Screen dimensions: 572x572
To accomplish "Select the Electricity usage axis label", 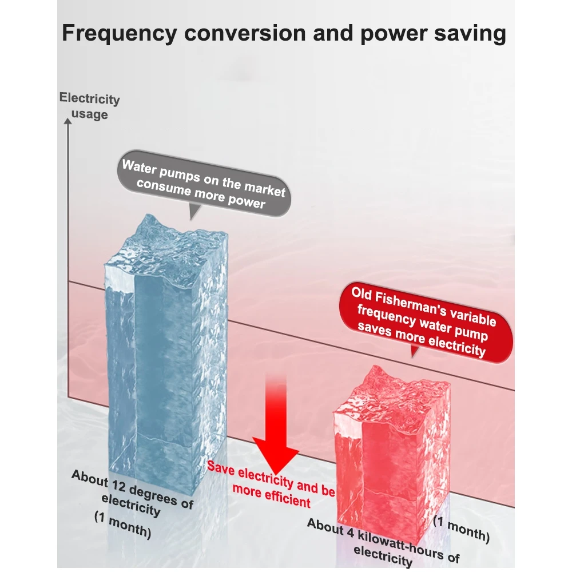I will pos(90,106).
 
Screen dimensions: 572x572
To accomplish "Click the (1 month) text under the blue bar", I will pos(122,526).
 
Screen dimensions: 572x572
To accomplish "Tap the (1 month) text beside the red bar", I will pos(461,529).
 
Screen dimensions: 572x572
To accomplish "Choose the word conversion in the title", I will pos(242,33).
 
